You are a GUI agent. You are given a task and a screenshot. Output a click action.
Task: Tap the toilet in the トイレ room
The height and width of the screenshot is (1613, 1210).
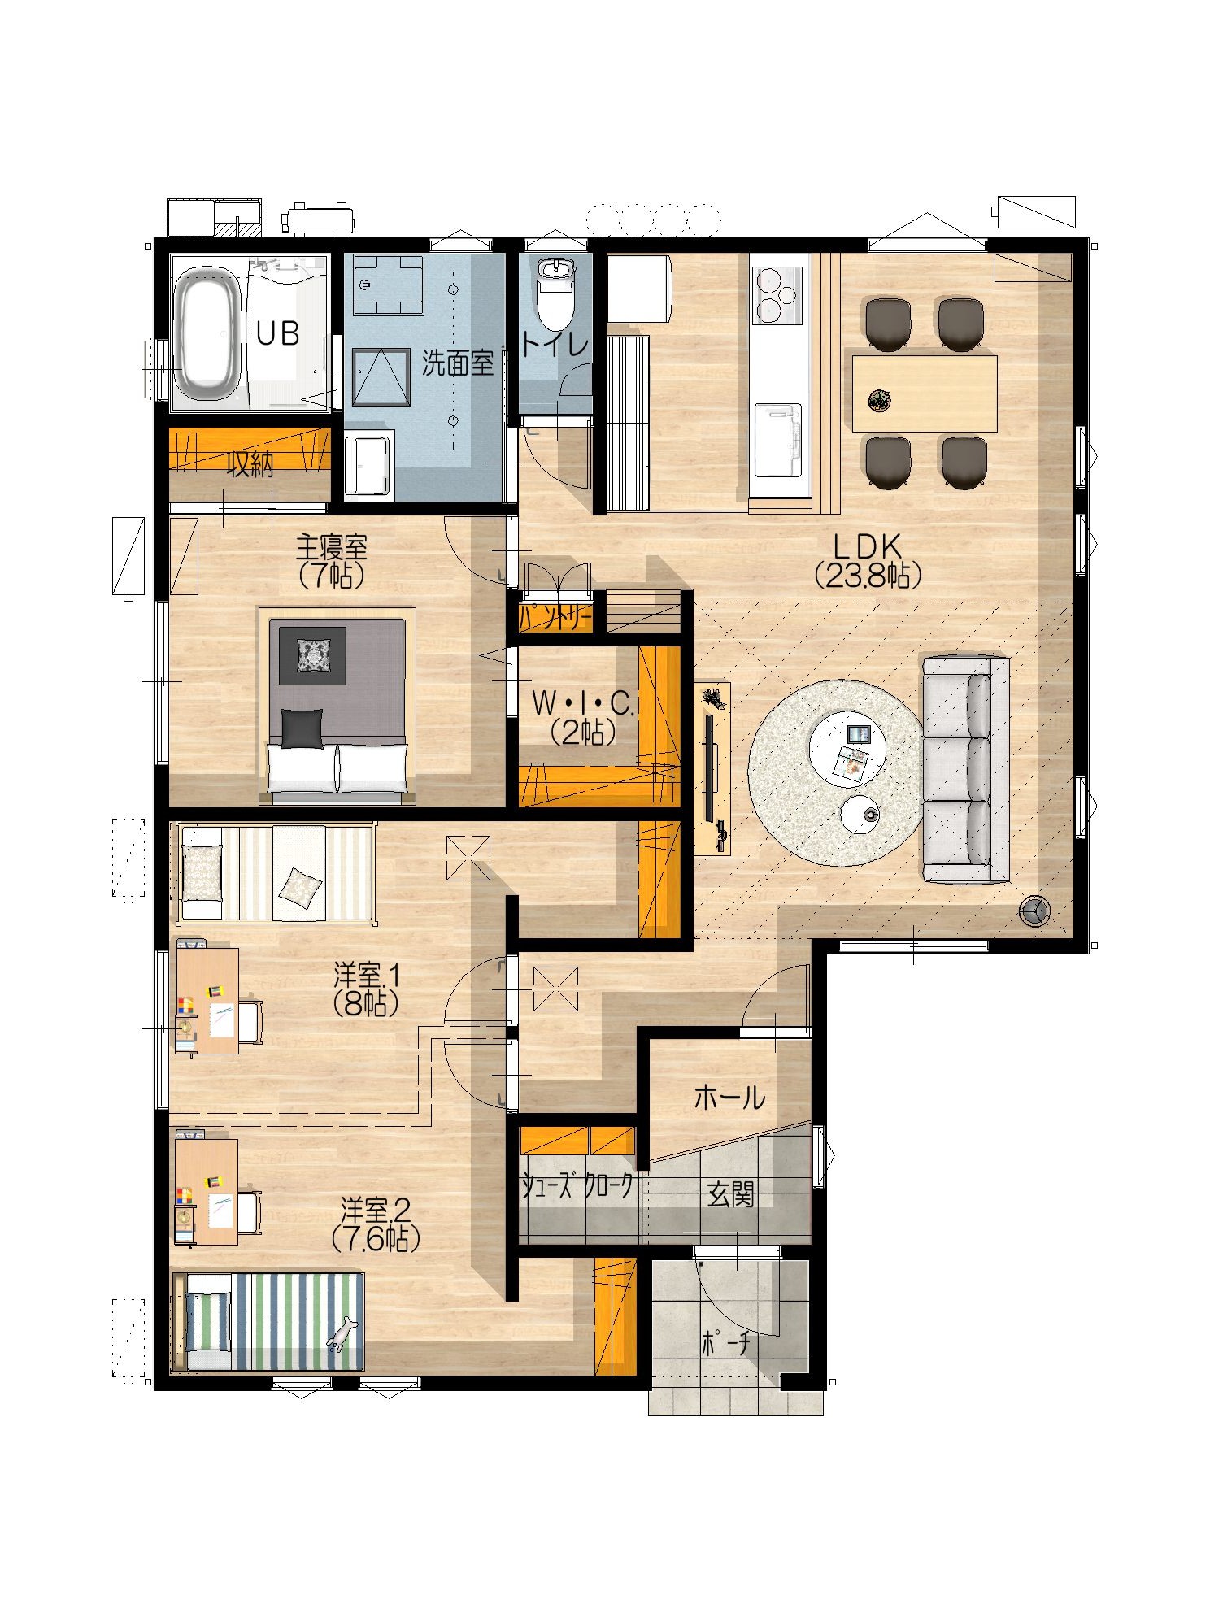[556, 294]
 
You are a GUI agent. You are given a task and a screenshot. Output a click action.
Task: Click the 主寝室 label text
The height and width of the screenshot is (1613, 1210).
[331, 547]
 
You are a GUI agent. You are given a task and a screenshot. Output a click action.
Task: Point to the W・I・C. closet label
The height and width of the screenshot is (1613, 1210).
[582, 704]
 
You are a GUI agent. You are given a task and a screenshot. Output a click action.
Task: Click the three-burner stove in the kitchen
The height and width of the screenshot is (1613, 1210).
[779, 295]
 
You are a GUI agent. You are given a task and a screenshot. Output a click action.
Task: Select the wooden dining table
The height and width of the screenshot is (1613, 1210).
[925, 393]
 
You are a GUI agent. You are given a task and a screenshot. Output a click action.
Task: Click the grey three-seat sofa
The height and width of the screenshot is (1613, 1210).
[965, 769]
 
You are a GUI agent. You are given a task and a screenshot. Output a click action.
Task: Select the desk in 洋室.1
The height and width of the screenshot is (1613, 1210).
[207, 1001]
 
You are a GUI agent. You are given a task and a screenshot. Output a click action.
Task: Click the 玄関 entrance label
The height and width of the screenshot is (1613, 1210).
[730, 1194]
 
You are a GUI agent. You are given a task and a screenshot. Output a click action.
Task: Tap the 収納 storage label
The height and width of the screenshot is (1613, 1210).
[250, 464]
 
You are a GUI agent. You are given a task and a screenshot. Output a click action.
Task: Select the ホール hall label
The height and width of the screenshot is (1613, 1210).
[729, 1098]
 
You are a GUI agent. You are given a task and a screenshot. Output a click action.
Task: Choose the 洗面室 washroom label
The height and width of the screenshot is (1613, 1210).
[458, 363]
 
